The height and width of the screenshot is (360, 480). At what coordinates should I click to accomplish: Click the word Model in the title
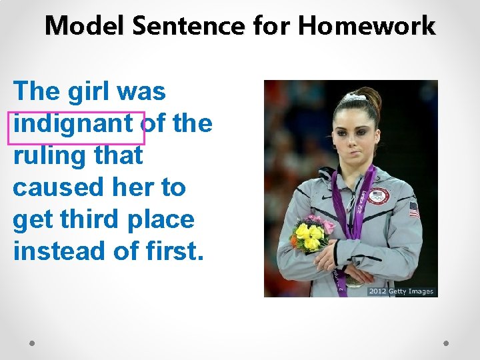coord(85,26)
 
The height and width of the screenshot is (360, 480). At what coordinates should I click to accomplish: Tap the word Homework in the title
coord(367,26)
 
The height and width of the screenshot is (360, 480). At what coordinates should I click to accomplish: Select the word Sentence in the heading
coord(190,26)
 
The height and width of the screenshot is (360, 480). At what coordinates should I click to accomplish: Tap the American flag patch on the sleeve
coord(414,209)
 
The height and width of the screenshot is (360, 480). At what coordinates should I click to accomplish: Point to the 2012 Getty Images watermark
coord(401,291)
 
